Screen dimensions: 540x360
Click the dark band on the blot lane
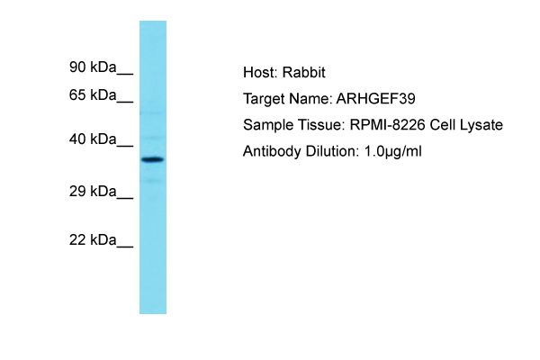(x=153, y=159)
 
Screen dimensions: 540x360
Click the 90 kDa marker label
(x=93, y=67)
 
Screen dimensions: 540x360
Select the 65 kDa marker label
(x=93, y=94)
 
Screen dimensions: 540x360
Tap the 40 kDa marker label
(x=93, y=139)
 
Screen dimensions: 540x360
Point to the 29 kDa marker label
(x=93, y=191)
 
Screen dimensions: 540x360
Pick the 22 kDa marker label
(x=93, y=239)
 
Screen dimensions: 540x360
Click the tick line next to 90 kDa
(x=125, y=74)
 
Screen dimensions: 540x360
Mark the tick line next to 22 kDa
(x=125, y=247)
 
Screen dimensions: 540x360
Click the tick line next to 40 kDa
(x=125, y=146)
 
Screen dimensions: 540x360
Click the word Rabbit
(x=304, y=73)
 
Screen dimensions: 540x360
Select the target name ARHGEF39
(x=375, y=99)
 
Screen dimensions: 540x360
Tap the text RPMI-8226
(x=387, y=125)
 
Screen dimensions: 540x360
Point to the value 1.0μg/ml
(x=392, y=151)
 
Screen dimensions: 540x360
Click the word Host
(x=260, y=73)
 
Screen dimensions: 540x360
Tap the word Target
(x=264, y=99)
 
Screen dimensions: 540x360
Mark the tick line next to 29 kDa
(x=125, y=198)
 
